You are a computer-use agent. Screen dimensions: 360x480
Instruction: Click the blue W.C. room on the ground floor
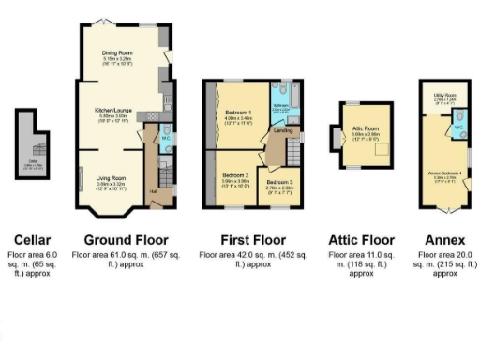click(x=165, y=140)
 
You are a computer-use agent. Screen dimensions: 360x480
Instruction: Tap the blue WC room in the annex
click(x=458, y=127)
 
